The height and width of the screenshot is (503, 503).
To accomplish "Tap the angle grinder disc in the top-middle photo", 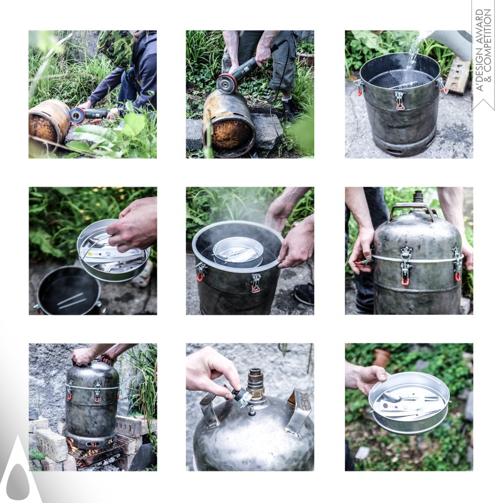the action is coord(227,84).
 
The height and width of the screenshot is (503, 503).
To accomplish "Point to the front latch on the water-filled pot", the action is coord(399,100).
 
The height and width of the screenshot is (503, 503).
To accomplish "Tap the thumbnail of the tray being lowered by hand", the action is coord(93,251).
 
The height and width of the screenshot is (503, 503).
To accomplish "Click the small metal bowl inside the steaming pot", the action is coord(238,251).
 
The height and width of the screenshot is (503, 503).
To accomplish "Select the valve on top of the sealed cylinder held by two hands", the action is coord(418,197).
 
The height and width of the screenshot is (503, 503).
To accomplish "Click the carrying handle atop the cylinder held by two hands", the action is coord(412,209).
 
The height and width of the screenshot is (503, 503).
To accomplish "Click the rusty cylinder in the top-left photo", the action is coord(49,121).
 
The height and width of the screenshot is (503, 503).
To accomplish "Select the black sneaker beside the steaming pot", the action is coord(304,294).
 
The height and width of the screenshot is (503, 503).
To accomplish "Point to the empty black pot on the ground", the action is coord(68,291).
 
